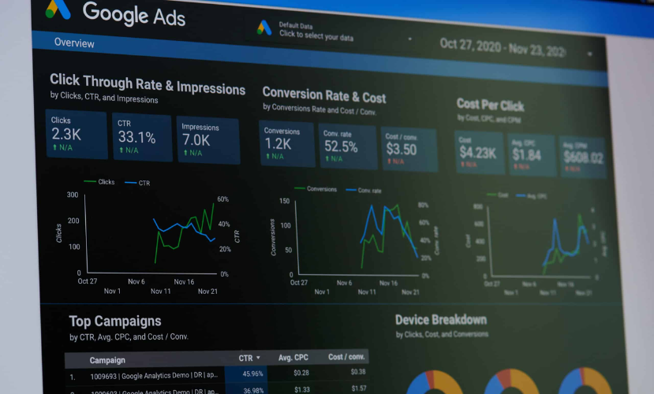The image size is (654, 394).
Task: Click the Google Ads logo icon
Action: click(58, 9)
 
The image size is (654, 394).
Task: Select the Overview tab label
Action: click(74, 43)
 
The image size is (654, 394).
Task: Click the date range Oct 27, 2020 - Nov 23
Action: click(503, 46)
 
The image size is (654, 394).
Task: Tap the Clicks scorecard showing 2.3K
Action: click(76, 134)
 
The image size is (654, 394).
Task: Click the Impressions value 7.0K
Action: click(196, 139)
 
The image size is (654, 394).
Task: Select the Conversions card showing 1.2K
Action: click(278, 144)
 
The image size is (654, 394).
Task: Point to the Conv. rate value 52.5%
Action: click(341, 147)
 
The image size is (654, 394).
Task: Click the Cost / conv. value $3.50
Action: click(401, 149)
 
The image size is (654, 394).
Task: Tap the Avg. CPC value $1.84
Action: click(526, 154)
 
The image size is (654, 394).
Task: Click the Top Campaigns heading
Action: click(115, 321)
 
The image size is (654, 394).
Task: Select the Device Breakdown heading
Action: click(440, 319)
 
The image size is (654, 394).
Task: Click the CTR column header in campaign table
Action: click(245, 358)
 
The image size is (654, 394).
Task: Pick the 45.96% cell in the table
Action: click(252, 373)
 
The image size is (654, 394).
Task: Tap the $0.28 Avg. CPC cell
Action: click(301, 373)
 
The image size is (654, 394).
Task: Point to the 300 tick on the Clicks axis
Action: click(73, 195)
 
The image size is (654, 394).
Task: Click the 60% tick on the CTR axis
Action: click(223, 199)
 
